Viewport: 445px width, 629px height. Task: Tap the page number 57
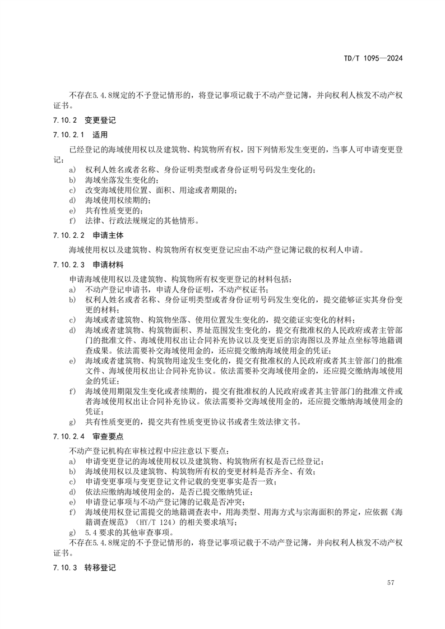pos(391,583)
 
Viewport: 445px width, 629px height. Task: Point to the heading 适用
pos(100,135)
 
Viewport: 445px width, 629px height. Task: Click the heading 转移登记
pos(100,567)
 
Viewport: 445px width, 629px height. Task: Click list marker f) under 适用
pos(72,220)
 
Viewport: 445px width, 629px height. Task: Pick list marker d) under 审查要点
pos(72,492)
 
